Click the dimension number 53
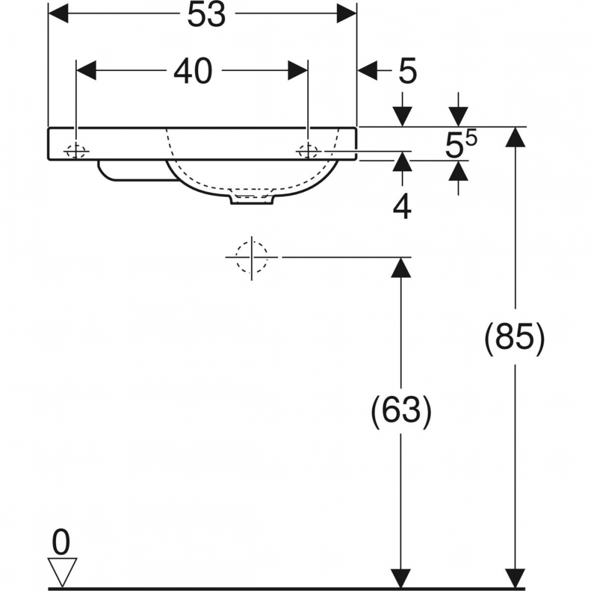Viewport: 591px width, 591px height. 206,14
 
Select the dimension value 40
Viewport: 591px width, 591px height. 193,71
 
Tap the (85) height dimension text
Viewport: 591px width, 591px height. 515,338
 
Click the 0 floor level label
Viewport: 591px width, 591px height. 61,542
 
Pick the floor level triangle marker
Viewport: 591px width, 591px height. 63,571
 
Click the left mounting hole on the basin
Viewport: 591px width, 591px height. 76,151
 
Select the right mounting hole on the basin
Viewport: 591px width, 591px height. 309,151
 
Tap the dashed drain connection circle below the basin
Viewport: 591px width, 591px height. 251,257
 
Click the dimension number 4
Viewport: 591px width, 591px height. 402,207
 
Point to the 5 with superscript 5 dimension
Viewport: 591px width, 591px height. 461,144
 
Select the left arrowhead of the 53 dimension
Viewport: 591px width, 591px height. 59,14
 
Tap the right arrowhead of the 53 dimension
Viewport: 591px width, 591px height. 346,14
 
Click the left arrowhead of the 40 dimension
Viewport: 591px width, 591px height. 86,70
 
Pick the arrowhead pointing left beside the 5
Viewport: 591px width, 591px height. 368,70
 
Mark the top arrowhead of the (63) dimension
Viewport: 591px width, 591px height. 401,268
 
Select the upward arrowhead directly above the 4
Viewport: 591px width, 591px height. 402,162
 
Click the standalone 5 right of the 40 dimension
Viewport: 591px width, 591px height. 407,71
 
